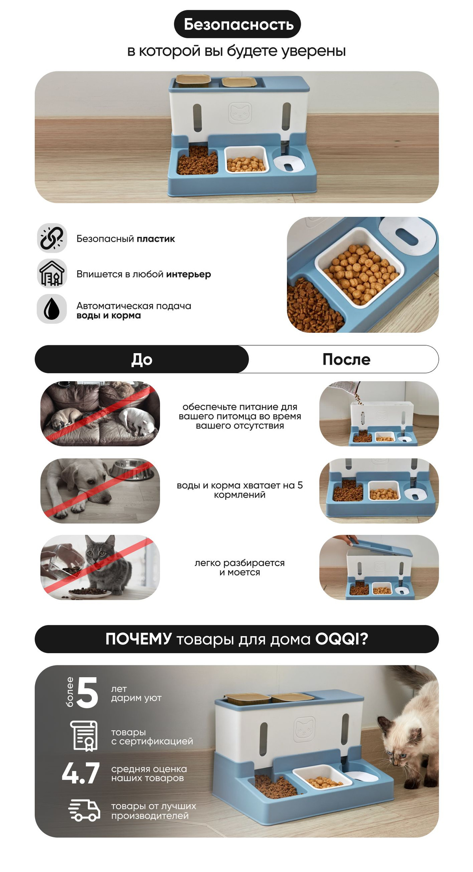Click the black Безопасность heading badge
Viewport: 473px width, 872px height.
tap(237, 24)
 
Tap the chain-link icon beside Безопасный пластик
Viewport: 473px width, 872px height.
tap(52, 238)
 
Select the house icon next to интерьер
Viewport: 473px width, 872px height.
tap(52, 274)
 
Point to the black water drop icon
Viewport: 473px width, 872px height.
tap(52, 309)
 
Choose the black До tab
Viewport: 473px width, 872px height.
tap(142, 359)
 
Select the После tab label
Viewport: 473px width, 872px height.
tap(346, 359)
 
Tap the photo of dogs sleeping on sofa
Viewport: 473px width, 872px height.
tap(100, 414)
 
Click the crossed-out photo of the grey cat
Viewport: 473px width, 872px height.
tap(100, 567)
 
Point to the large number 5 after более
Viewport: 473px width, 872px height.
tap(88, 692)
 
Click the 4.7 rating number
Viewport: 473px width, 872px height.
tap(81, 773)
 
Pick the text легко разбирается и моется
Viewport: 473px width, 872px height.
tap(240, 567)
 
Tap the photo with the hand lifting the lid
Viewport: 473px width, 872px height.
tap(379, 567)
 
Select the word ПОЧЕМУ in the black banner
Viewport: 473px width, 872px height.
tap(138, 639)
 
